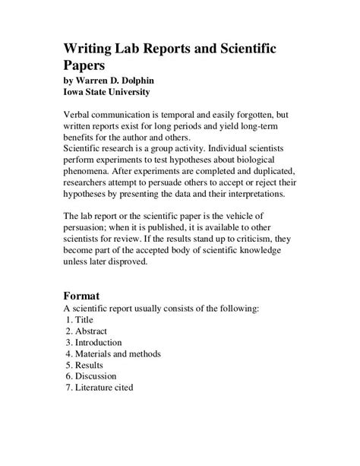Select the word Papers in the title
coord(88,65)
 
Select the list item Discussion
coord(95,376)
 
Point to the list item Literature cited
coord(99,387)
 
